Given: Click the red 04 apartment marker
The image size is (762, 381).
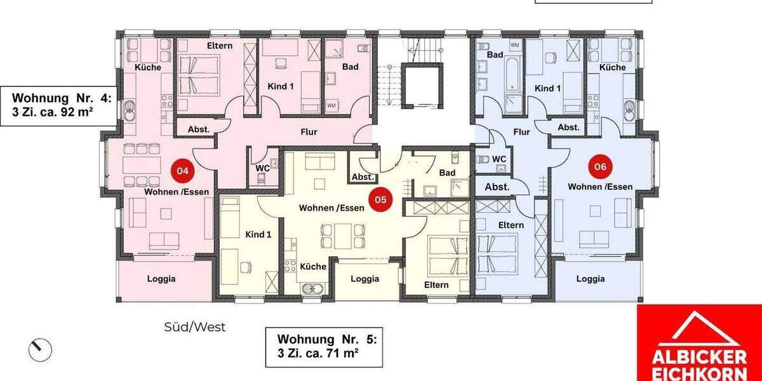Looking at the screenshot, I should coord(182,170).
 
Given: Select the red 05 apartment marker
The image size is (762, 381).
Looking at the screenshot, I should coord(380,199).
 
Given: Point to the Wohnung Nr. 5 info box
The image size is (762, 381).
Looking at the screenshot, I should coord(323,347).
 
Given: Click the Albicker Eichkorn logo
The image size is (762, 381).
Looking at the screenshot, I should coord(698,343).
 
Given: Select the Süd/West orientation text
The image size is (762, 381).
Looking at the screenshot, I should coord(195,328).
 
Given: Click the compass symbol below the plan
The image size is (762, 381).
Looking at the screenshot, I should coord(40,349).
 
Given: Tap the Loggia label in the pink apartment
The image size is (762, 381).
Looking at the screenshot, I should coord(161,278).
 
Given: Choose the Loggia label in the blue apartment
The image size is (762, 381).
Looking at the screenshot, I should coord(591,278).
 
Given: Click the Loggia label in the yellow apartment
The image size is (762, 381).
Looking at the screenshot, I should coord(364,278).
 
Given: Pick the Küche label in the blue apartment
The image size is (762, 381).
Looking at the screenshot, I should coord(612,67).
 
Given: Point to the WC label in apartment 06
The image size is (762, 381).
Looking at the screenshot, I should coord(498,159).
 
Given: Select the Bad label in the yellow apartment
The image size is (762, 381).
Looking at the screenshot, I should coord(447,173).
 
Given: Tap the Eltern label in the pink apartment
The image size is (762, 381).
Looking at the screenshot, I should coord(220,46).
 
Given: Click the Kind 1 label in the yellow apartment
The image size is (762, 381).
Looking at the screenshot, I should coord(258,234).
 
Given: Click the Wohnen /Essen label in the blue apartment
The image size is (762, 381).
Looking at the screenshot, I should coord(600,186).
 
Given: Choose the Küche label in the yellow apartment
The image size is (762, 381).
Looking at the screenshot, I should coord(313,267).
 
